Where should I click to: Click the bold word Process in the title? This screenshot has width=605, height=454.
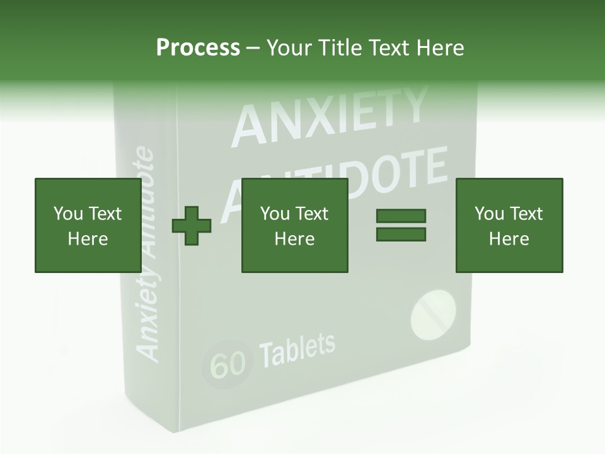click(x=198, y=47)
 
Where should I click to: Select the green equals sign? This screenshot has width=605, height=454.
click(x=401, y=225)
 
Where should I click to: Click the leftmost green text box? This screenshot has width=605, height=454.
click(x=88, y=226)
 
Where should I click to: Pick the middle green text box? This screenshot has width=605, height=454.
click(x=294, y=226)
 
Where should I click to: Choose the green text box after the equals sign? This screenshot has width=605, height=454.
click(x=509, y=226)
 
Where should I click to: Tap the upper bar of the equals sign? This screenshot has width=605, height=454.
click(x=401, y=216)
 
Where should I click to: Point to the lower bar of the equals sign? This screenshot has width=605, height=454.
click(x=401, y=235)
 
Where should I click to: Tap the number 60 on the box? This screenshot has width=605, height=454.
click(x=228, y=364)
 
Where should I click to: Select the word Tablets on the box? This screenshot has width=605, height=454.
click(x=297, y=350)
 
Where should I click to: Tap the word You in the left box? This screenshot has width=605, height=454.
click(x=67, y=214)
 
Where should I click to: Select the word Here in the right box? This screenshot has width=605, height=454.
click(x=509, y=239)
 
